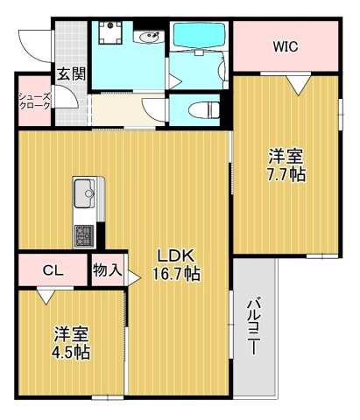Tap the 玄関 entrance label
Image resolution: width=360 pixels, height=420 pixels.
tap(71, 74)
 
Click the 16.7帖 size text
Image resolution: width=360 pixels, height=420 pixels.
tap(178, 274)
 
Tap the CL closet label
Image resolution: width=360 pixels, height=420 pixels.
tap(53, 270)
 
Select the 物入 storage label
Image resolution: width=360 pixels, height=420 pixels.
tap(107, 270)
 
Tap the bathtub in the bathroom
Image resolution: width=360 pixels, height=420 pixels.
tap(199, 36)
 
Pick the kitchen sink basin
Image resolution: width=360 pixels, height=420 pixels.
tap(86, 191)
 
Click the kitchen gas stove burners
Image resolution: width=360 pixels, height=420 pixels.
tap(85, 234)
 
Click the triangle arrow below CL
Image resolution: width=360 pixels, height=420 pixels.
tap(43, 296)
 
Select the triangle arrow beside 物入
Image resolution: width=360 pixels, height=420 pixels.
tap(134, 279)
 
